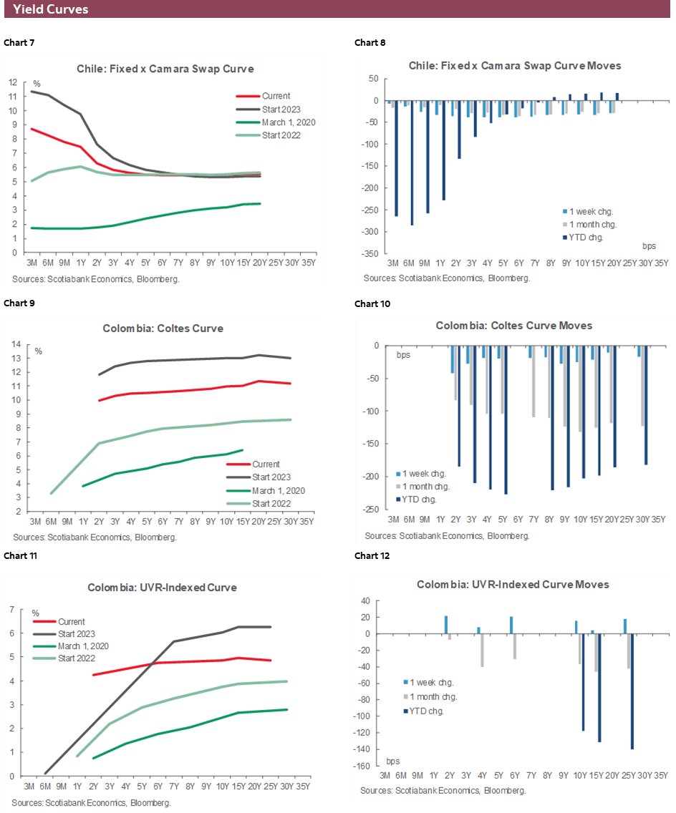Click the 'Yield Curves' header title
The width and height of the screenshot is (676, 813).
[51, 9]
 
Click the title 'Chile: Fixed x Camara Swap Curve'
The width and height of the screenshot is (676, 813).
[165, 69]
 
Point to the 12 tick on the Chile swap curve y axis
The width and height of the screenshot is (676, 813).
[12, 82]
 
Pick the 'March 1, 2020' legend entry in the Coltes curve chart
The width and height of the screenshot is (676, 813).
[279, 490]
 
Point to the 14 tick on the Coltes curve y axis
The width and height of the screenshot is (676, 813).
[15, 344]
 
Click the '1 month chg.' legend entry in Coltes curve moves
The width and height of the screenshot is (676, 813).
[426, 487]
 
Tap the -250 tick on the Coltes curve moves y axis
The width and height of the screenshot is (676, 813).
[372, 510]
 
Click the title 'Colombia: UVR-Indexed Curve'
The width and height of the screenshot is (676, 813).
[162, 588]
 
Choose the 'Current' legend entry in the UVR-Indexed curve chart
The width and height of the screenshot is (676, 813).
[72, 622]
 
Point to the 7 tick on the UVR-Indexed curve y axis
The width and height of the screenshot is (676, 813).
[11, 610]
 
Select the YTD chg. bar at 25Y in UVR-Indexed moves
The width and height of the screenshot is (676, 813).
[632, 691]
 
